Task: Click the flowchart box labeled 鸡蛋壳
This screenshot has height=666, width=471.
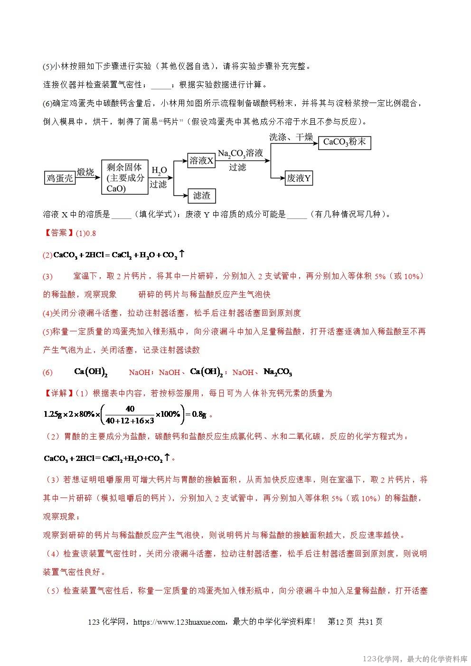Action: pos(60,178)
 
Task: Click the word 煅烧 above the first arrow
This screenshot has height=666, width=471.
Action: pos(85,172)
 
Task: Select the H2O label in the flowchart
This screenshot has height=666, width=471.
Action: pos(159,170)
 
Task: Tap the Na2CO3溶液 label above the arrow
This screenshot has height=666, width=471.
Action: pos(240,153)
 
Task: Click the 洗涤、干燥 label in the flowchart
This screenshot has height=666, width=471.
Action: pos(291,137)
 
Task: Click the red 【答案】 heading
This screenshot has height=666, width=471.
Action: pos(57,233)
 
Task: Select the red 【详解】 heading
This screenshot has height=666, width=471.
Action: pos(57,393)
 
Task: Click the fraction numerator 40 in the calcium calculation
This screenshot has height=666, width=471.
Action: pos(130,409)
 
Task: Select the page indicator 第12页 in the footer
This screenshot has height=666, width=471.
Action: pos(340,621)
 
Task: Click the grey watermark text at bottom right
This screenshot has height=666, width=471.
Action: pos(415,659)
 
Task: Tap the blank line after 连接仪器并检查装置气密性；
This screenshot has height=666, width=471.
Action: pos(161,85)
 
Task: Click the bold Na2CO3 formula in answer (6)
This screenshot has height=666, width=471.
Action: pos(278,372)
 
